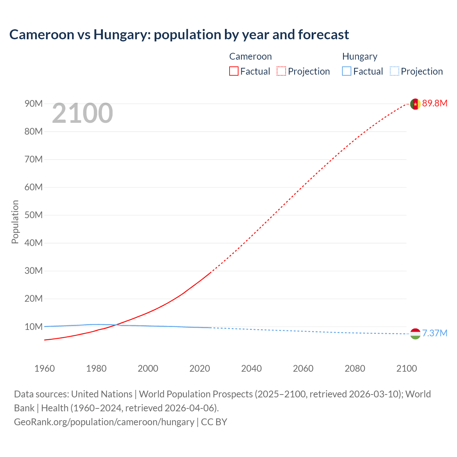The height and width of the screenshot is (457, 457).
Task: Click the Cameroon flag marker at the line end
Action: (x=415, y=104)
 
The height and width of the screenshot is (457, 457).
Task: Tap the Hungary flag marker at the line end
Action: (x=415, y=334)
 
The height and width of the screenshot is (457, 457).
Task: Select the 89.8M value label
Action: (x=435, y=104)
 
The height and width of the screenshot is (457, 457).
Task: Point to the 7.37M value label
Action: (x=435, y=333)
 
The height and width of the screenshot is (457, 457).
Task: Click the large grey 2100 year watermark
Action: (x=82, y=113)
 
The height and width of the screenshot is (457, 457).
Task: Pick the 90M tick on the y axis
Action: (x=34, y=104)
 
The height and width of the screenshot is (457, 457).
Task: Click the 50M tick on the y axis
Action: (x=34, y=215)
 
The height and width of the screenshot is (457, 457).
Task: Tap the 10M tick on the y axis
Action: (x=34, y=327)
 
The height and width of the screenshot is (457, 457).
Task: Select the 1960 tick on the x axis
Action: (x=45, y=368)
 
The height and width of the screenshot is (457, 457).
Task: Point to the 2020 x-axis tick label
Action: (x=200, y=368)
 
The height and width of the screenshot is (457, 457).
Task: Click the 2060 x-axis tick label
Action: (x=303, y=368)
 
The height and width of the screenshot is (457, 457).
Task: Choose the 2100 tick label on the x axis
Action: (x=406, y=368)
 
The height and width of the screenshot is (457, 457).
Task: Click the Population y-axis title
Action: (x=15, y=222)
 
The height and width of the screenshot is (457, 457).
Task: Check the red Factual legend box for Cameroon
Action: (x=234, y=71)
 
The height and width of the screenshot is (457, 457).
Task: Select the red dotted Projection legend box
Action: (x=281, y=71)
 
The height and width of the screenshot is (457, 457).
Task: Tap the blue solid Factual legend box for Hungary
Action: (x=347, y=71)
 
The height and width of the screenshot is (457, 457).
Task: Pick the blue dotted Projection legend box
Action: (x=394, y=71)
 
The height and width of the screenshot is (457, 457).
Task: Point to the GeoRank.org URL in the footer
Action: (x=104, y=422)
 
